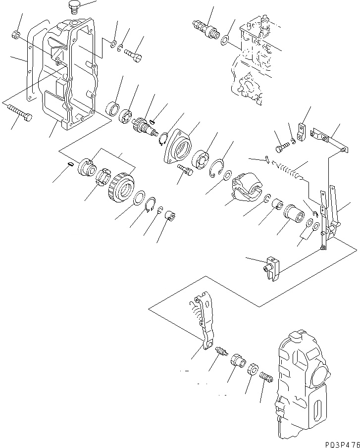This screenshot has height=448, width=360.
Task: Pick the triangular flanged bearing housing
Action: (179, 147)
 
